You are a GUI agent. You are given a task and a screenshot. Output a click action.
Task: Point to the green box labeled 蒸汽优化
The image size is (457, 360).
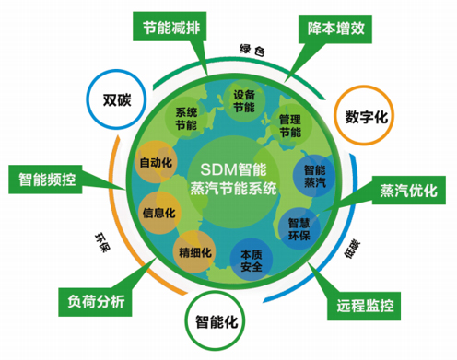click(x=402, y=192)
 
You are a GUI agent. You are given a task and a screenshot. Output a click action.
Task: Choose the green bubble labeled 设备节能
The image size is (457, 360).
click(x=243, y=101)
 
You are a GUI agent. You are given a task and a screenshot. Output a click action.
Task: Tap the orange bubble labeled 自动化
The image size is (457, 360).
click(x=155, y=163)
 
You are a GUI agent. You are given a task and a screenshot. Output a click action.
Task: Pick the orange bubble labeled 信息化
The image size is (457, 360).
click(x=158, y=212)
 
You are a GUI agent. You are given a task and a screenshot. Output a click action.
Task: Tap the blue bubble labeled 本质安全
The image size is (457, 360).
click(x=252, y=260)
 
